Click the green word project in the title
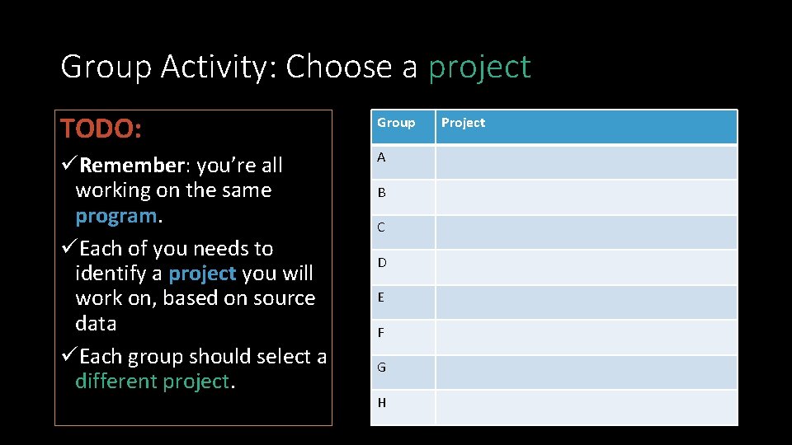479,68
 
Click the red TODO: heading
101,129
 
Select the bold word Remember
131,166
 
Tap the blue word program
115,216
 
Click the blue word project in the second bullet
202,274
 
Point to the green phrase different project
152,382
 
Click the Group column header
396,123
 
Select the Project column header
463,123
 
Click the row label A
381,157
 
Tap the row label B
381,193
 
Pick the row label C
381,227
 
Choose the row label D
382,263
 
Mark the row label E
381,297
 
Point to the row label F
381,333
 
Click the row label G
382,368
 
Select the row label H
382,403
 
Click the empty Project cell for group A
586,162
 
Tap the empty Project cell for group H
586,408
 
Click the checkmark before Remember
68,166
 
